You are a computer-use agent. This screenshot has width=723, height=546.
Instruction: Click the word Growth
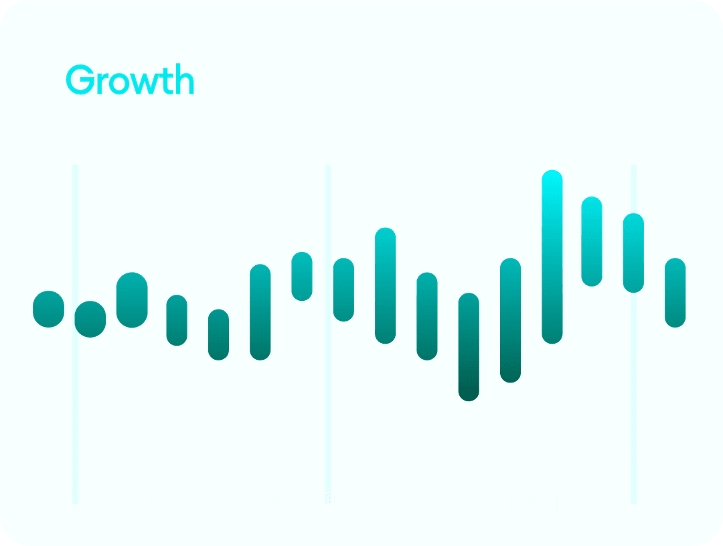coord(130,79)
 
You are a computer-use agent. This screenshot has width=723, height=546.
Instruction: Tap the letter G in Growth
coord(80,80)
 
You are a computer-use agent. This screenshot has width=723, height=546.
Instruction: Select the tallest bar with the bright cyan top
coord(552,257)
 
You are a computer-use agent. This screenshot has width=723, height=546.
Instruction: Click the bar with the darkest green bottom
coord(469,347)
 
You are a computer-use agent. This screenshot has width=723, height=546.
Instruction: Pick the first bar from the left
coord(48,310)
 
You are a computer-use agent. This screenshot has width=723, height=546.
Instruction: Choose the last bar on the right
coord(675,293)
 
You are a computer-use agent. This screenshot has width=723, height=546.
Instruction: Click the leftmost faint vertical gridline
coord(75,334)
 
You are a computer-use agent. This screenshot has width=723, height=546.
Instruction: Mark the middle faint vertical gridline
coord(328,334)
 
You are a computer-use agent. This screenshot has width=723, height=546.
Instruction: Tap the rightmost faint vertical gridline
coord(633,334)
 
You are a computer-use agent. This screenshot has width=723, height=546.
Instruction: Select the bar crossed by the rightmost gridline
coord(633,253)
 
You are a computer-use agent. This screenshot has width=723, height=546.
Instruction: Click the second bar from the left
coord(90,320)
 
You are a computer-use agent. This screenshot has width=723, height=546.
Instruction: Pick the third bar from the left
coord(132,300)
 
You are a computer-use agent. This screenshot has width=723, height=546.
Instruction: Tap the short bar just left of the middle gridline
coord(302,277)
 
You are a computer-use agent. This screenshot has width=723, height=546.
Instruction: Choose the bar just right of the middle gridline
coord(343,290)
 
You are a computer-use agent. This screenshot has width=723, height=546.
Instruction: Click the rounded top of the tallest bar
coord(552,176)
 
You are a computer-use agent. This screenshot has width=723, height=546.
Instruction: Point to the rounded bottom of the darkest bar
coord(469,395)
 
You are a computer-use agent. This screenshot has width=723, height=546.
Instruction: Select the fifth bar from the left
coord(218,334)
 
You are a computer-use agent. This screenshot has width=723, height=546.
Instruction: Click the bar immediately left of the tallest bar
coord(510,320)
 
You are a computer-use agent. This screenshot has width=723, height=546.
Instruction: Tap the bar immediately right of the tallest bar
coord(592,241)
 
